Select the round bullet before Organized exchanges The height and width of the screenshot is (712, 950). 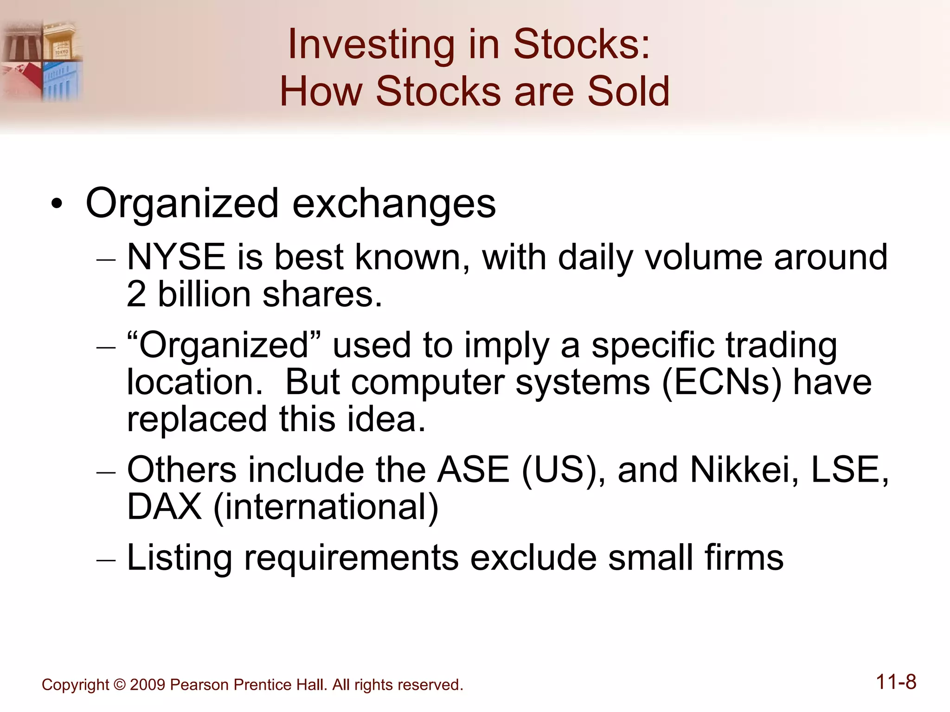57,204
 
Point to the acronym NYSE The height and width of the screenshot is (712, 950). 176,257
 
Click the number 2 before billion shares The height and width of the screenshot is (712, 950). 136,294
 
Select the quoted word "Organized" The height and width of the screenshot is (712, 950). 224,345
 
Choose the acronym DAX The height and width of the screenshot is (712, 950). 164,507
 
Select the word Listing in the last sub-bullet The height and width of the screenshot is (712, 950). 179,558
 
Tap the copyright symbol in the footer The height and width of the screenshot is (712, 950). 119,685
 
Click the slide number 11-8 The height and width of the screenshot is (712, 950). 896,682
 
